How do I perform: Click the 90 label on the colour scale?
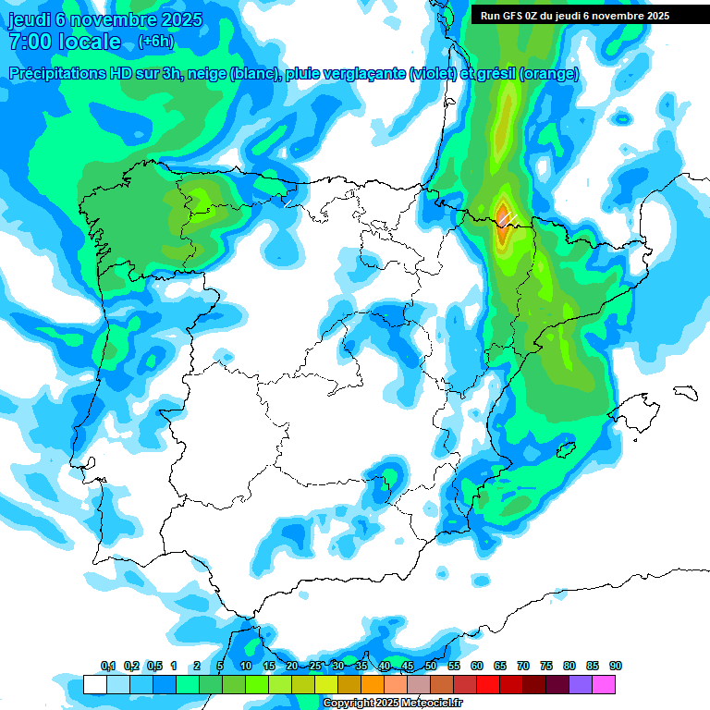pos(616,666)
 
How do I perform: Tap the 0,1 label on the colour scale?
pos(108,666)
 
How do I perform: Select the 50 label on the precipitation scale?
pos(431,666)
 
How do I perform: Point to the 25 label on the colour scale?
pos(315,666)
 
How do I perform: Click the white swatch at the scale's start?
pos(94,684)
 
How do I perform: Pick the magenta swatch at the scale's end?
pos(604,684)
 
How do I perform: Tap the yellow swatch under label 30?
pos(326,684)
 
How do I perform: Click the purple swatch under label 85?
pos(581,684)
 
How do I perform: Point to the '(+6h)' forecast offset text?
pos(155,42)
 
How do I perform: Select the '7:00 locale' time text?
pos(65,42)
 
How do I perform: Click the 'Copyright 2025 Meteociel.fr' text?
pos(392,704)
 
